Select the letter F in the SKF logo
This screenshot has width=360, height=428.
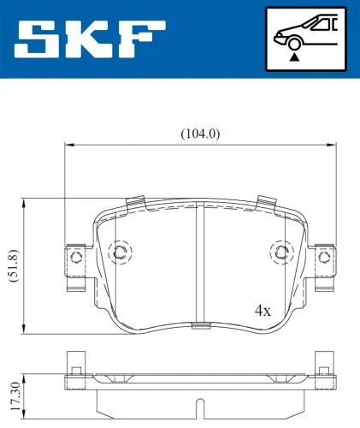click(139, 39)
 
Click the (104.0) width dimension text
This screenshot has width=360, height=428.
click(199, 134)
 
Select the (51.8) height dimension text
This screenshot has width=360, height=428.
click(11, 266)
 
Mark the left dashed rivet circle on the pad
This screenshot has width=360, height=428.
click(121, 251)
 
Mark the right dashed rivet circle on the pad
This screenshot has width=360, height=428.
click(280, 251)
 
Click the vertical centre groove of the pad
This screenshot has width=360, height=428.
click(199, 265)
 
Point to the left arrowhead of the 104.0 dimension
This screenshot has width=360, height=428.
click(68, 145)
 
